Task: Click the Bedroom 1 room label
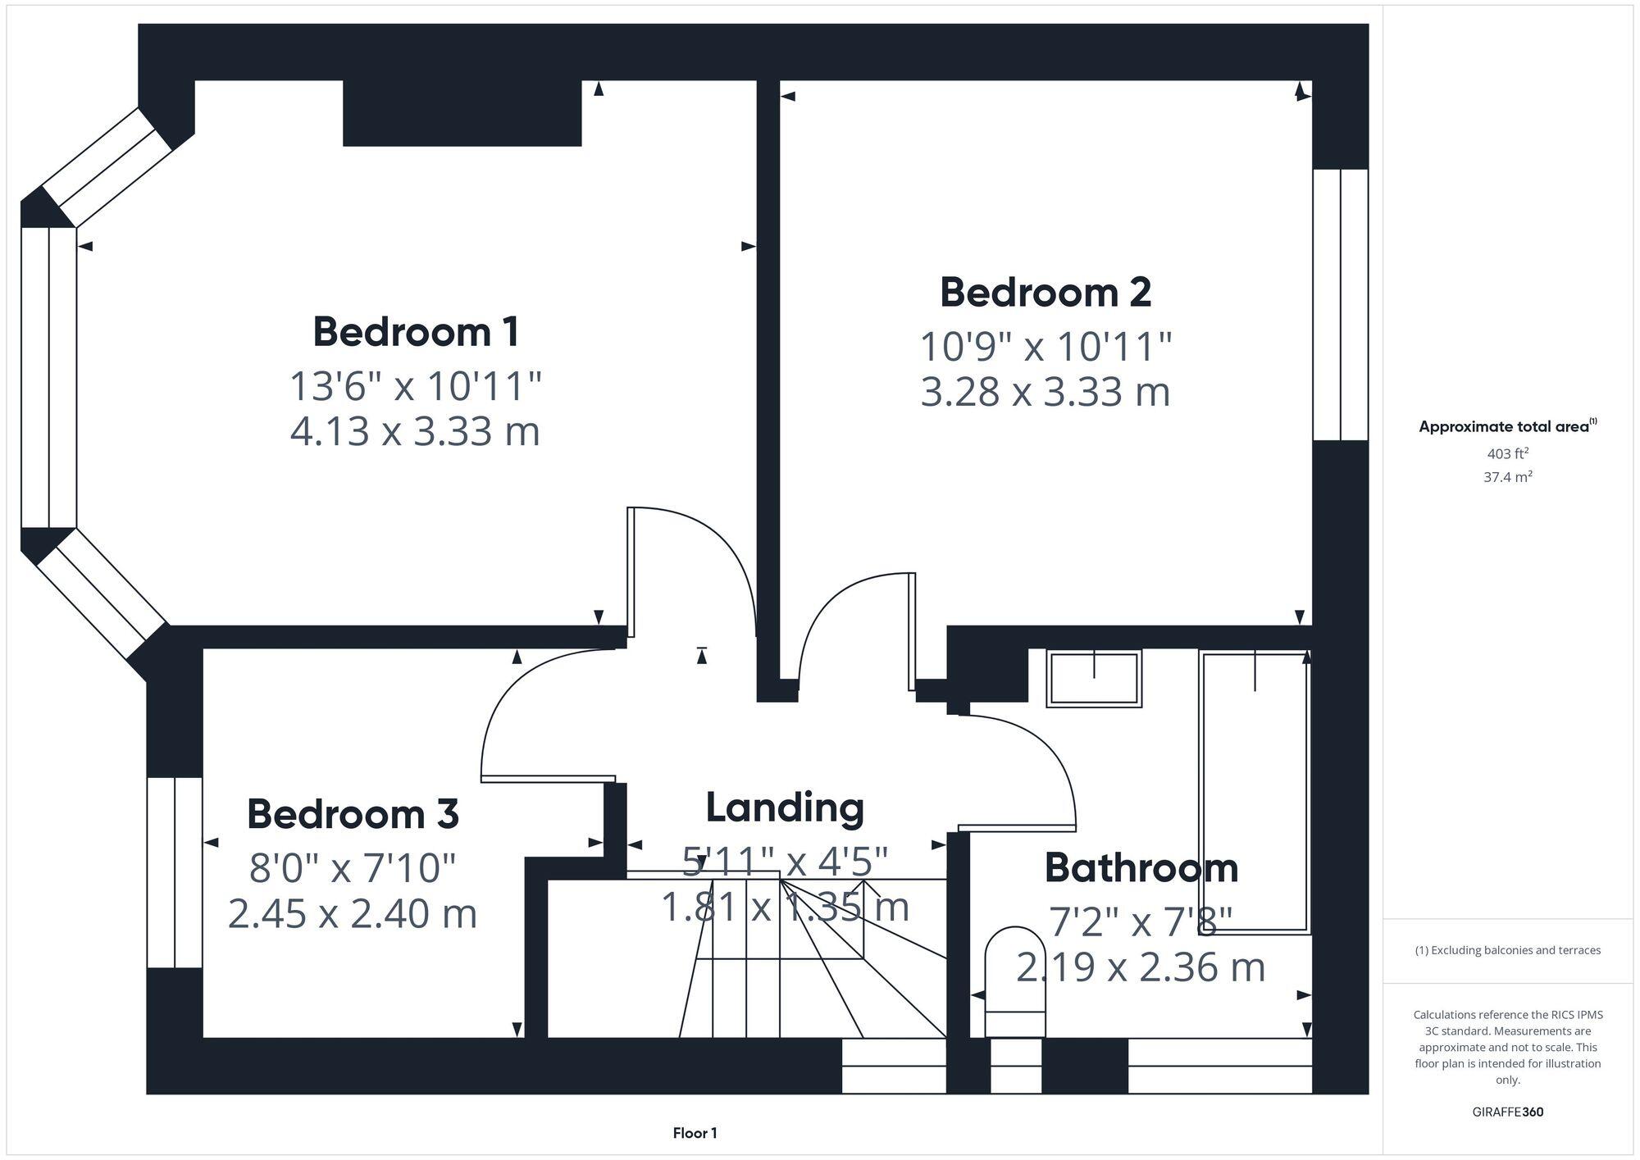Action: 416,332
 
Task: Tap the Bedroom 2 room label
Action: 1045,293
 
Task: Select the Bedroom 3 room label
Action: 353,814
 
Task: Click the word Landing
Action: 785,807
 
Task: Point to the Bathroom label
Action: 1141,868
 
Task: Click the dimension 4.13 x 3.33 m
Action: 416,432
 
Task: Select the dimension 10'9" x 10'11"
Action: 1045,347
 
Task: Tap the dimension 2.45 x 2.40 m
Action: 353,914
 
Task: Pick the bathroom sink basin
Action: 1094,679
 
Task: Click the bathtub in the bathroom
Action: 1255,791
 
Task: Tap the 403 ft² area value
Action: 1507,454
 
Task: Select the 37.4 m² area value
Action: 1507,477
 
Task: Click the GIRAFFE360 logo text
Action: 1507,1112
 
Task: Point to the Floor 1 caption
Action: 695,1134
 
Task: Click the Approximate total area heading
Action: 1507,427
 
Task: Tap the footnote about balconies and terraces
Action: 1507,951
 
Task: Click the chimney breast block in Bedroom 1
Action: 462,113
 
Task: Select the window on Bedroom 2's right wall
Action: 1340,305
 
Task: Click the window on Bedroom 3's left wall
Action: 175,872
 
